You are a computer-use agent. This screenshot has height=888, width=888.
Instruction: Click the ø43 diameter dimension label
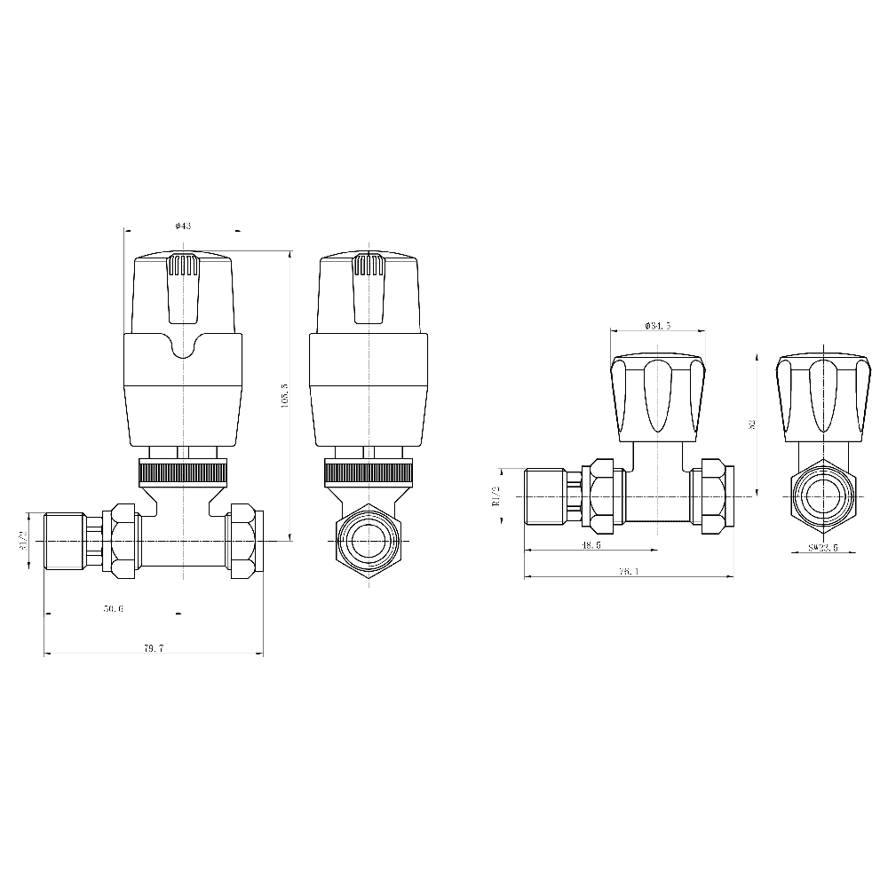click(184, 226)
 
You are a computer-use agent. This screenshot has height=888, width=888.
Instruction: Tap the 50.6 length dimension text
click(114, 608)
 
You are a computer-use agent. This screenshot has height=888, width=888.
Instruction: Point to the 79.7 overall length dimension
click(153, 649)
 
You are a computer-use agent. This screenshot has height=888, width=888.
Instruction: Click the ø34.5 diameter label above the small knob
click(658, 325)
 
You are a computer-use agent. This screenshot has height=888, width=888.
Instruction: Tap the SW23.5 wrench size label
click(823, 548)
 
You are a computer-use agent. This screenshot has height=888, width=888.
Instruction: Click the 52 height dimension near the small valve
click(751, 424)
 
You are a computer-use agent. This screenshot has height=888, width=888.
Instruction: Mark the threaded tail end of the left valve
click(63, 541)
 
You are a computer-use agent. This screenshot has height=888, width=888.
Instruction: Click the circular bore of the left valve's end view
click(367, 541)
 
